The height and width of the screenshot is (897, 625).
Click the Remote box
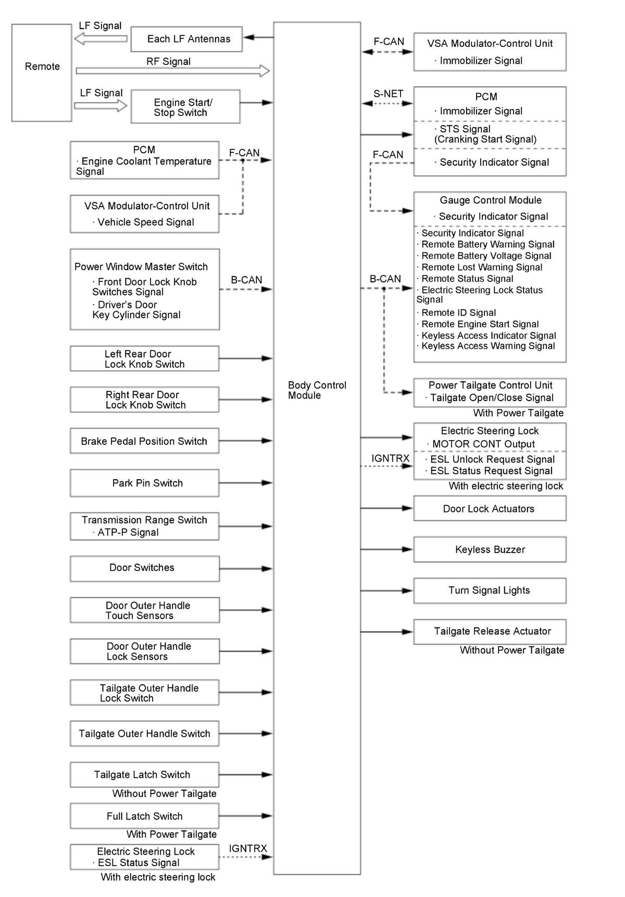pos(42,72)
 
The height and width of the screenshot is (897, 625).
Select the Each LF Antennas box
pos(186,39)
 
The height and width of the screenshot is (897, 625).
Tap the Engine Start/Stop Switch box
pos(185,107)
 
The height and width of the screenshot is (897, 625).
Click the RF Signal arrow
pos(172,71)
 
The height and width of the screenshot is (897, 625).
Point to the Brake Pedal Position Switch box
pos(144,441)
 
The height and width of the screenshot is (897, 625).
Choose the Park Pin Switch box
pos(144,483)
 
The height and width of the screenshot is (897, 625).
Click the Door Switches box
pos(144,568)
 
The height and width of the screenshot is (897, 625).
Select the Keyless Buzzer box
pos(490,549)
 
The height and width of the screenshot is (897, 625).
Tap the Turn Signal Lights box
pos(490,591)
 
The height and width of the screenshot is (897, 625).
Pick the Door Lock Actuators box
pos(490,508)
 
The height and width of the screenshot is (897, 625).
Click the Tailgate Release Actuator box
pos(490,632)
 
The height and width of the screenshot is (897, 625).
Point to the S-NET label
pos(388,94)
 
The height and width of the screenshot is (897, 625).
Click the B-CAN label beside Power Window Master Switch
pos(246,280)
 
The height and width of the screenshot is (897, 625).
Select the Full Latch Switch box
pos(144,816)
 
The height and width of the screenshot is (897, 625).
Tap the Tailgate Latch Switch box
pos(144,775)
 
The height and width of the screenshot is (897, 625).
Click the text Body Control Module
pos(317,390)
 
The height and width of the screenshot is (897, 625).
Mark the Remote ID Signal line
pos(458,313)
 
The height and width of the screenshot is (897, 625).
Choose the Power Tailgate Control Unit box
pos(490,392)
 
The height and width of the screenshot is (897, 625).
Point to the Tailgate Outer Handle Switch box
pos(144,734)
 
